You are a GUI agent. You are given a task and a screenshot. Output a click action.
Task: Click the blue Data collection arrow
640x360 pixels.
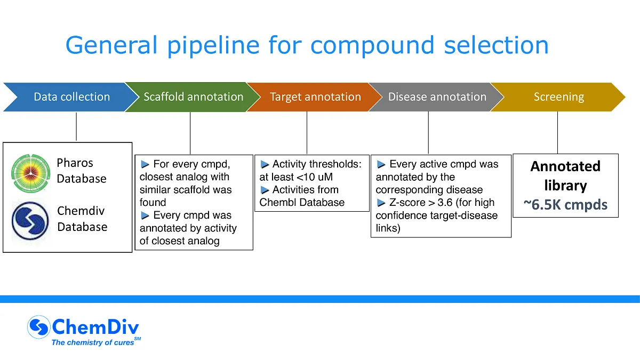coord(71,97)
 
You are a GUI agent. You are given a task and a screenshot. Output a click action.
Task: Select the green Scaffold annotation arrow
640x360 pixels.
coord(193,97)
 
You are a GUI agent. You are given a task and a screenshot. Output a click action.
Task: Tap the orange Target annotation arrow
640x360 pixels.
coord(315,97)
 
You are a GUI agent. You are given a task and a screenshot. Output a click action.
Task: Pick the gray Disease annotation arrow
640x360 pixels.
coord(437,97)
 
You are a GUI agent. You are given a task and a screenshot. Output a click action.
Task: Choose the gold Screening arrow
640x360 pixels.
coord(558,97)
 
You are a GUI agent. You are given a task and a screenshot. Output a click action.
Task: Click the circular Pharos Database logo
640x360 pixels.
coord(30,173)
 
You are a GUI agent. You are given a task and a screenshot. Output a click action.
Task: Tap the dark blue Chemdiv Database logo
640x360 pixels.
coord(30,220)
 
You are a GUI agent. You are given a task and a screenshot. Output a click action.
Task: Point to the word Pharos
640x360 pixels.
coord(75,163)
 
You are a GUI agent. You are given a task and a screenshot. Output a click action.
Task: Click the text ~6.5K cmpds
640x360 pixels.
coord(565,205)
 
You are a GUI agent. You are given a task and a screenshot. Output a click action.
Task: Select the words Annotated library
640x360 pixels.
coord(565,175)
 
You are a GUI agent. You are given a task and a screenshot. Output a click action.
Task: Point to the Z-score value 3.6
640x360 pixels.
coord(445,202)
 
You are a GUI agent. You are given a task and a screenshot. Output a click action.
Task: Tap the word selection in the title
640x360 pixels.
coord(496,45)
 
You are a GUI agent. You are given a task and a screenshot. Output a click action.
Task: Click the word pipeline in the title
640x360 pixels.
coord(213,46)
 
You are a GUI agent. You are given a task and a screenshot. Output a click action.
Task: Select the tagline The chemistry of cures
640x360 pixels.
coord(93,342)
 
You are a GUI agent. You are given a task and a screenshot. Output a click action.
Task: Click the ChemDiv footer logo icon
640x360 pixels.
coord(39,327)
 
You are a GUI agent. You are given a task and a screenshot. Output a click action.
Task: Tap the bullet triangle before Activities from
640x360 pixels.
coord(265,190)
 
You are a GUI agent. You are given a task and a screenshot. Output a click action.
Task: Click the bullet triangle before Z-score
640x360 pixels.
coord(381,203)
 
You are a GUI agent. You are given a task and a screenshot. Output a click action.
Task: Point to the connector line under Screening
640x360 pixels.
coord(557,133)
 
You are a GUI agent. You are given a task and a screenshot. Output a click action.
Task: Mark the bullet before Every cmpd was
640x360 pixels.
coord(145,215)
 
